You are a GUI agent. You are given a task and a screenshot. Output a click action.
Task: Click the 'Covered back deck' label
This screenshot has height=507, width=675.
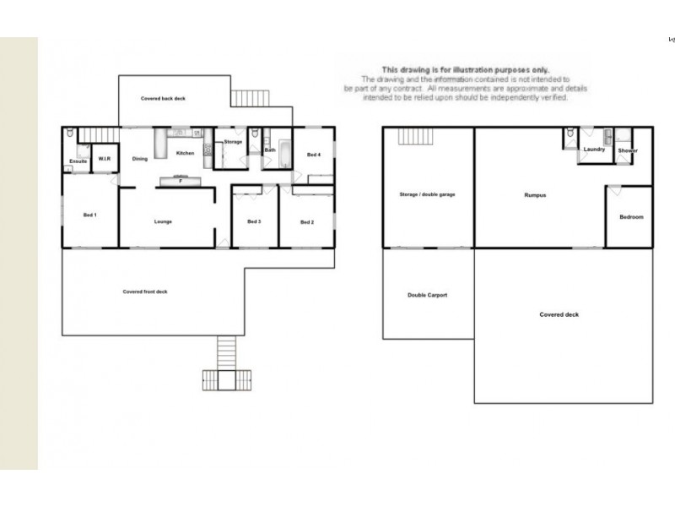[x=163, y=99]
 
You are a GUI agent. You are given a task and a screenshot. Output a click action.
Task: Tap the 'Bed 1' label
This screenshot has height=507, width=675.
[x=89, y=215]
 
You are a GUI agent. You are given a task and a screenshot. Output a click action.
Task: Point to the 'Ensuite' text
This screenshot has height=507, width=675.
[x=78, y=160]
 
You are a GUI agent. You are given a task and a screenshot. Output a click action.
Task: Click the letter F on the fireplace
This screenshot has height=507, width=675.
[x=180, y=180]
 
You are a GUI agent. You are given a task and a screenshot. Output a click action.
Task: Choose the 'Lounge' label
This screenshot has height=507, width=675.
[x=163, y=222]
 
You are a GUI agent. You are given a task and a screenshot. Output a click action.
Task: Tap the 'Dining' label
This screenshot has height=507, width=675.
[x=140, y=159]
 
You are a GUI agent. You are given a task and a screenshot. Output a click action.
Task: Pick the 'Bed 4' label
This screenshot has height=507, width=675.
[x=313, y=155]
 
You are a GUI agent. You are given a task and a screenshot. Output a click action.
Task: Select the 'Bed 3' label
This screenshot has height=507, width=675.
[x=254, y=222]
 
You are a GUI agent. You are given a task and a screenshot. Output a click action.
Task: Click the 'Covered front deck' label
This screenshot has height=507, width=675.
[x=145, y=292]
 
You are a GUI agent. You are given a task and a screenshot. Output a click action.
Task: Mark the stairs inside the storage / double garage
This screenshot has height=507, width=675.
[x=414, y=136]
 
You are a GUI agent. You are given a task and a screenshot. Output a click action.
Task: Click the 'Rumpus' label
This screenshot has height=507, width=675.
[x=535, y=195]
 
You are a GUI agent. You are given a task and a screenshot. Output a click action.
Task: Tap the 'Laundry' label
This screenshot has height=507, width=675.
[x=594, y=150]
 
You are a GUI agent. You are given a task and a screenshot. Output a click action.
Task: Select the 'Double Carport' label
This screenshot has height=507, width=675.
[x=427, y=295]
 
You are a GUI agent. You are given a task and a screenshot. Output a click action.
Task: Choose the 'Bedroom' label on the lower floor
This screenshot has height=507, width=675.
[x=630, y=217]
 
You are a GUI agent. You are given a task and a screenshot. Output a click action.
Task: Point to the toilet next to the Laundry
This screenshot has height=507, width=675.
[x=571, y=134]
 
